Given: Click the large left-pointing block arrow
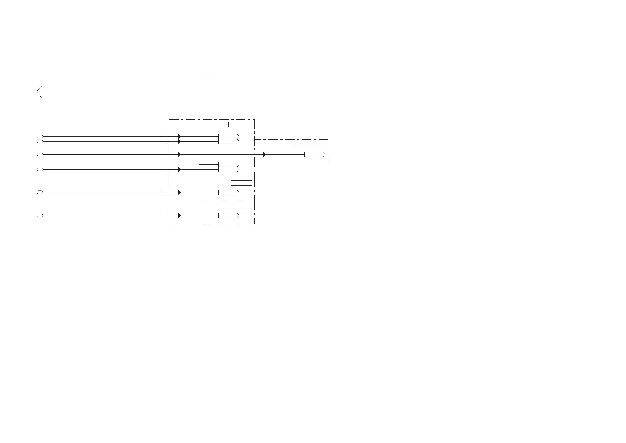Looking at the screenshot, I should (x=43, y=92).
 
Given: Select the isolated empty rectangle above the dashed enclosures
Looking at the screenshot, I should (x=207, y=82).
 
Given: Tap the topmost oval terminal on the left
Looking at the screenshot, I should (x=39, y=137).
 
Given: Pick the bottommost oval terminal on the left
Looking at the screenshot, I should (x=39, y=215).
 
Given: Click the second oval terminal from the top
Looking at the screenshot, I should (x=39, y=141).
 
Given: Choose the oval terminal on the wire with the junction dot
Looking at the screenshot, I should (x=39, y=154).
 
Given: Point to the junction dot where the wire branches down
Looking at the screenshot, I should (x=199, y=154).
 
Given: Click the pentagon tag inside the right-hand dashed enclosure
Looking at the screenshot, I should (x=314, y=154).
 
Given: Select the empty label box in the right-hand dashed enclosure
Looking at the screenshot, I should (x=310, y=145).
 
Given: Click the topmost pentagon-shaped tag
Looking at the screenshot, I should (x=228, y=137).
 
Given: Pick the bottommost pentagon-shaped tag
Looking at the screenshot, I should (x=228, y=215).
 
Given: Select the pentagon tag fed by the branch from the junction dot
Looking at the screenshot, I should (x=228, y=165).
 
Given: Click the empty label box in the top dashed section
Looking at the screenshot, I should (x=240, y=124).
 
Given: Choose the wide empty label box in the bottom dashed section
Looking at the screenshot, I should (x=234, y=206).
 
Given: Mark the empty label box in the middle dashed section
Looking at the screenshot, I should (x=241, y=183).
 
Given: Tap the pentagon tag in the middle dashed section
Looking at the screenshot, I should (x=228, y=192).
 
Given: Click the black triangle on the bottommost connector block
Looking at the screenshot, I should (x=179, y=215).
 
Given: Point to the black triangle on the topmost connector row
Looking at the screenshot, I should (x=179, y=137).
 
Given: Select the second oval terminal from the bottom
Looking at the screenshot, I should (x=39, y=192).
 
